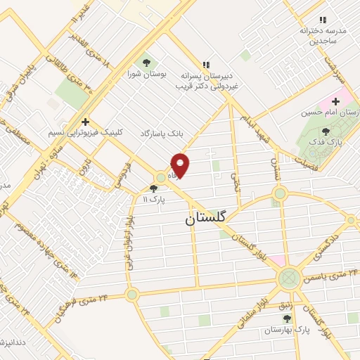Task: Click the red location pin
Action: [x=181, y=165]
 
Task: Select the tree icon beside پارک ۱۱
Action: [x=154, y=188]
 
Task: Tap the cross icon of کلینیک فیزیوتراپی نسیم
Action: [x=85, y=122]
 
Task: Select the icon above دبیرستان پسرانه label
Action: [x=206, y=64]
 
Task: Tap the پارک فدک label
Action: [x=325, y=143]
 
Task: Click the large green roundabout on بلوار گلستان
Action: [x=288, y=279]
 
